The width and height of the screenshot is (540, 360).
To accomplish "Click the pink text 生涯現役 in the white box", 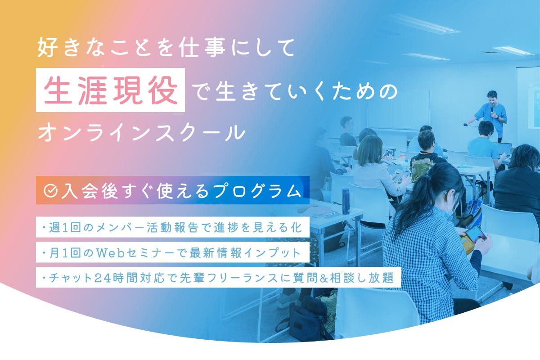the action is pos(111,90).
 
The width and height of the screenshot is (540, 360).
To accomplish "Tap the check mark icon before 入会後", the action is pos(50,191).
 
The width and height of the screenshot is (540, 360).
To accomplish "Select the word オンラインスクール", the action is pos(142,133).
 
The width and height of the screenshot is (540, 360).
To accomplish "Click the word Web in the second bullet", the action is pos(111,253).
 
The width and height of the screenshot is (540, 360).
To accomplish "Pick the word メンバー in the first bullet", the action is pos(120,228).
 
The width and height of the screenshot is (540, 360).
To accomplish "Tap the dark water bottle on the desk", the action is pos(346,201).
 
